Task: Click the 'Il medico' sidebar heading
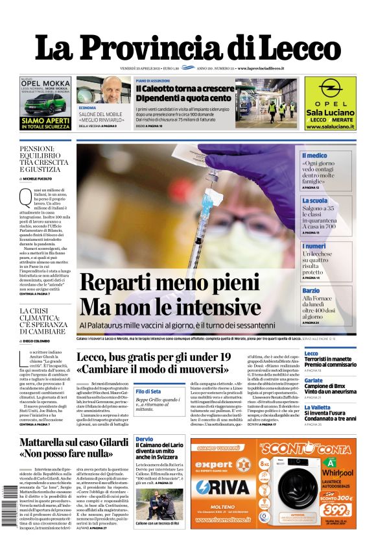tap(315, 156)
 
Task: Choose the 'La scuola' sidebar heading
tap(315, 201)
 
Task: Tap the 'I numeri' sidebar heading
tap(314, 246)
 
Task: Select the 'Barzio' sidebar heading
tap(311, 291)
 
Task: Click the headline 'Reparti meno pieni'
tap(169, 282)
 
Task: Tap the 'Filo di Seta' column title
tap(148, 391)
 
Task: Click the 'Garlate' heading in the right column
tap(314, 380)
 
